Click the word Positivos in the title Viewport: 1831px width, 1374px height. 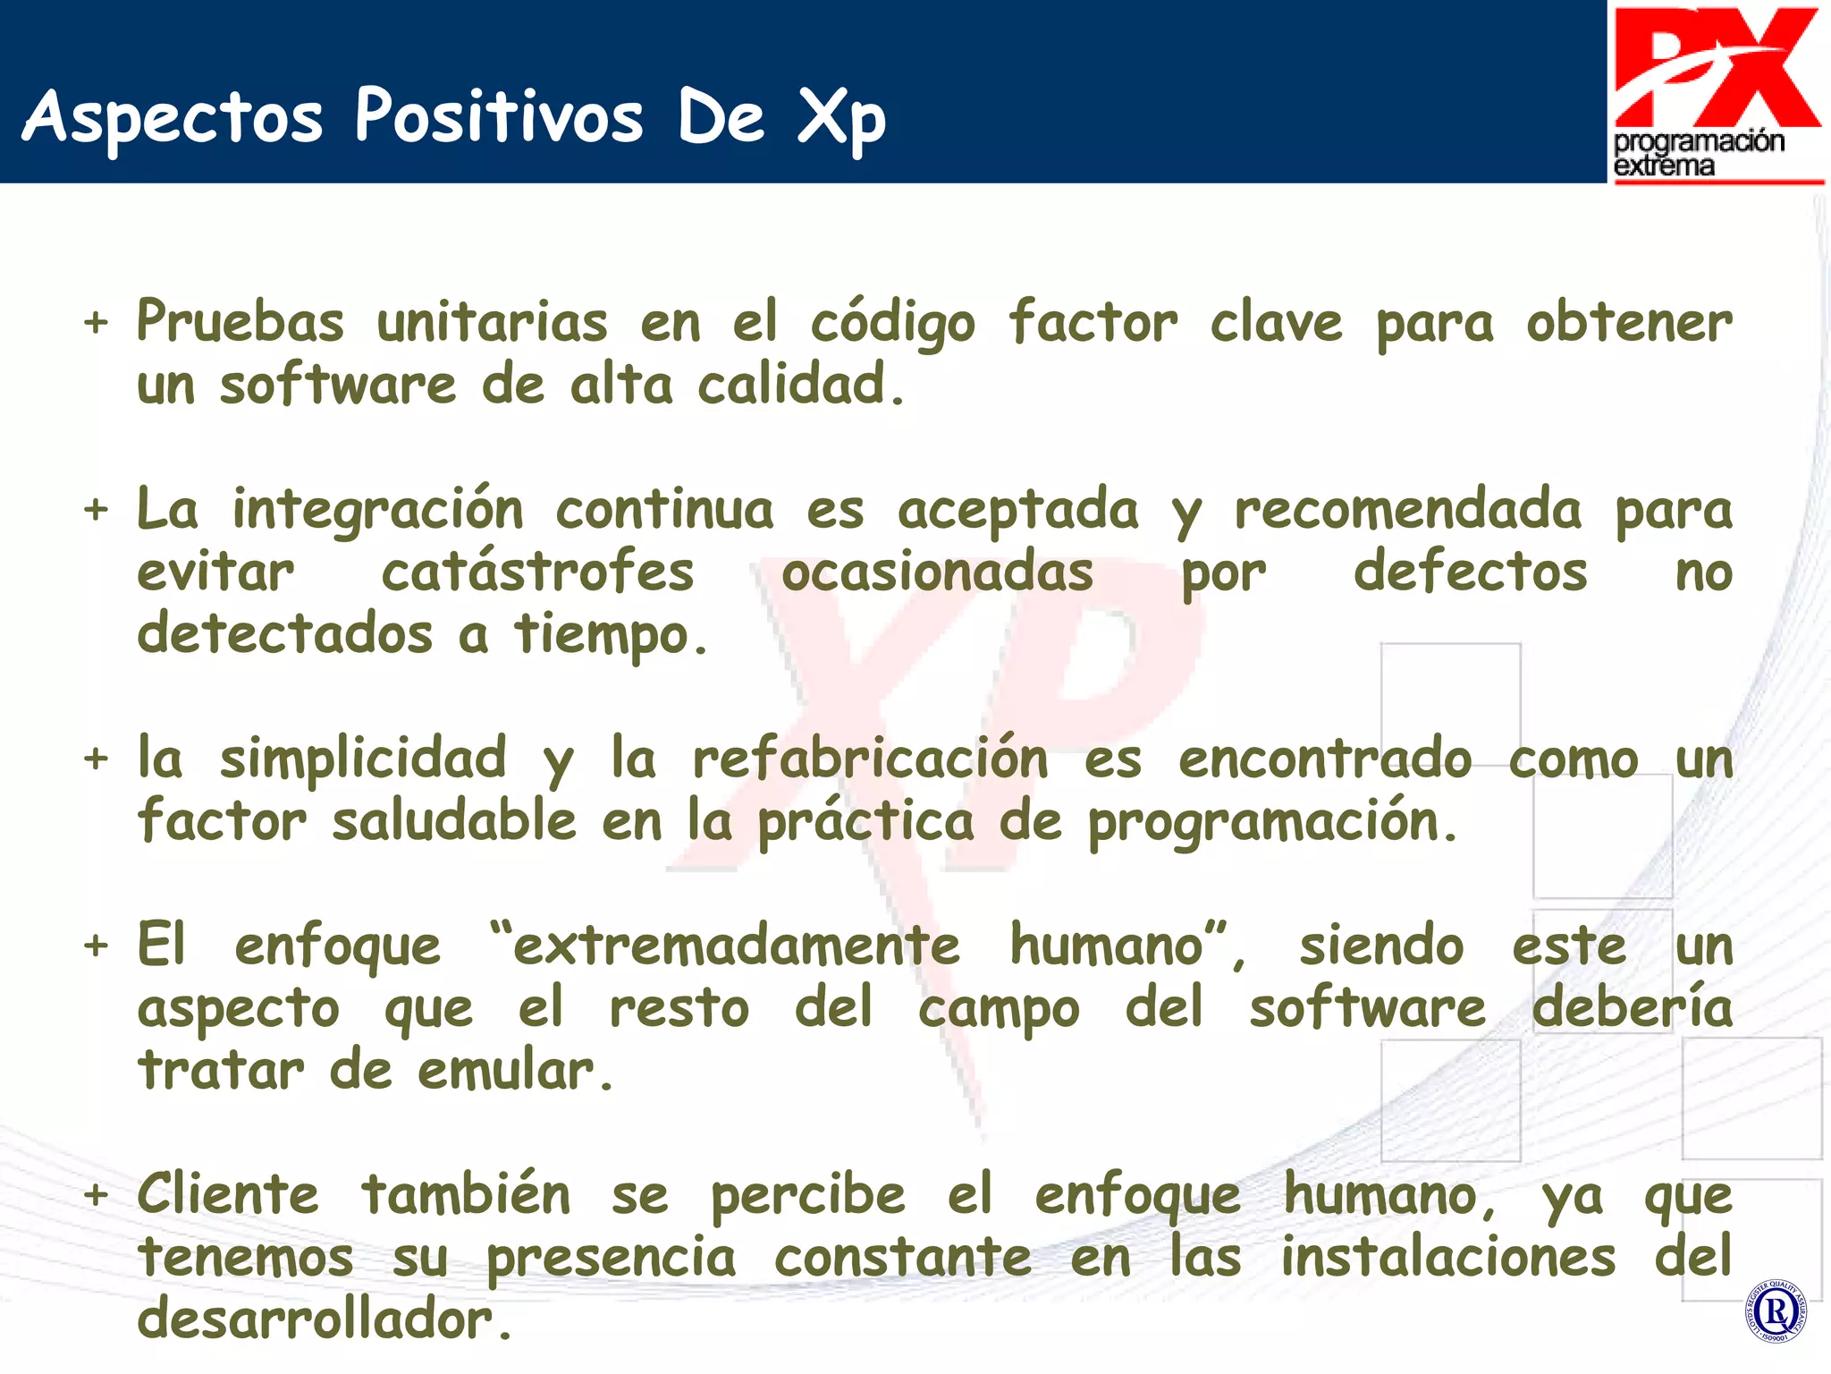498,116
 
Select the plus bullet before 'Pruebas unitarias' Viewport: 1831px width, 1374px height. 96,322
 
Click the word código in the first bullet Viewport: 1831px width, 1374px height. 891,324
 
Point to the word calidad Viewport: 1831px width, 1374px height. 791,385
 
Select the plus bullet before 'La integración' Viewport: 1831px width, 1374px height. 96,510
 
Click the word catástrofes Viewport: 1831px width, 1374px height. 537,572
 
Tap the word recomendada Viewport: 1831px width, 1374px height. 1407,510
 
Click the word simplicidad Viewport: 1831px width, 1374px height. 363,759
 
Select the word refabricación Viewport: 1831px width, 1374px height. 870,759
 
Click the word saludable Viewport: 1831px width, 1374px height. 454,821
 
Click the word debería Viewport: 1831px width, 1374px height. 1632,1007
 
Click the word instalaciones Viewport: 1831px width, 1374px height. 1447,1257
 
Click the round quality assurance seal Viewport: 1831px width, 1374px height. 1775,1311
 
